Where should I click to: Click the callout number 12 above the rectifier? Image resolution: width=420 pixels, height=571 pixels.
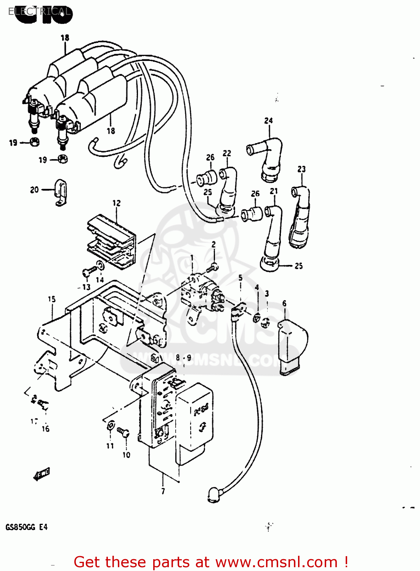tap(116, 203)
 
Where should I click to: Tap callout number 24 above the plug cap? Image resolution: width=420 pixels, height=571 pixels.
tap(268, 121)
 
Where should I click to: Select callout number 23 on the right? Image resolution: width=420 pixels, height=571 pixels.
tap(301, 169)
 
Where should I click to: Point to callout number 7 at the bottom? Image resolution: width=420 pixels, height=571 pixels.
tap(163, 491)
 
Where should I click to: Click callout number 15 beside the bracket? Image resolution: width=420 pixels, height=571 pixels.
tap(51, 300)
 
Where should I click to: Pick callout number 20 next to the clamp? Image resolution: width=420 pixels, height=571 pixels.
tap(34, 190)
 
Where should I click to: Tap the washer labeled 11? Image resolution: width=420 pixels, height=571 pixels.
tap(111, 425)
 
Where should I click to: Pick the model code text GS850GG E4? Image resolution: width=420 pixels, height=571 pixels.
tap(27, 527)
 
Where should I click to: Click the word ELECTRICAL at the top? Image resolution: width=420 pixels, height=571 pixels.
tap(40, 11)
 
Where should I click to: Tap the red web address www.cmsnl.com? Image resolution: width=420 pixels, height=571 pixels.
tap(276, 562)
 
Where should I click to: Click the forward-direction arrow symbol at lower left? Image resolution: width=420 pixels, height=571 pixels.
tap(42, 474)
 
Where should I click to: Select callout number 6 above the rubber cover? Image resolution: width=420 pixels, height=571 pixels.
tap(284, 303)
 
